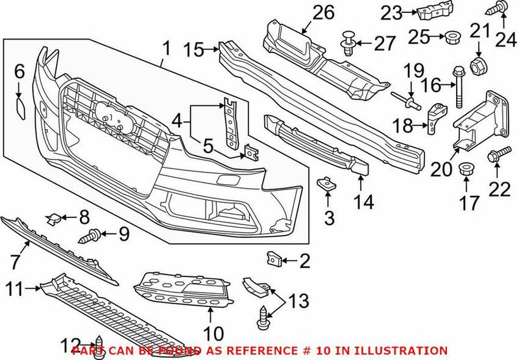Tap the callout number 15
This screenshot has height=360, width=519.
pos(193,49)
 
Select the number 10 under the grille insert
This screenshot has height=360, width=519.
pos(212,334)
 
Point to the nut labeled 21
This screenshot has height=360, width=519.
pos(478,65)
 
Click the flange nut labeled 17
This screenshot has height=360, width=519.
pos(465,171)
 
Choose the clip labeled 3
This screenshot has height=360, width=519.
pos(326,185)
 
